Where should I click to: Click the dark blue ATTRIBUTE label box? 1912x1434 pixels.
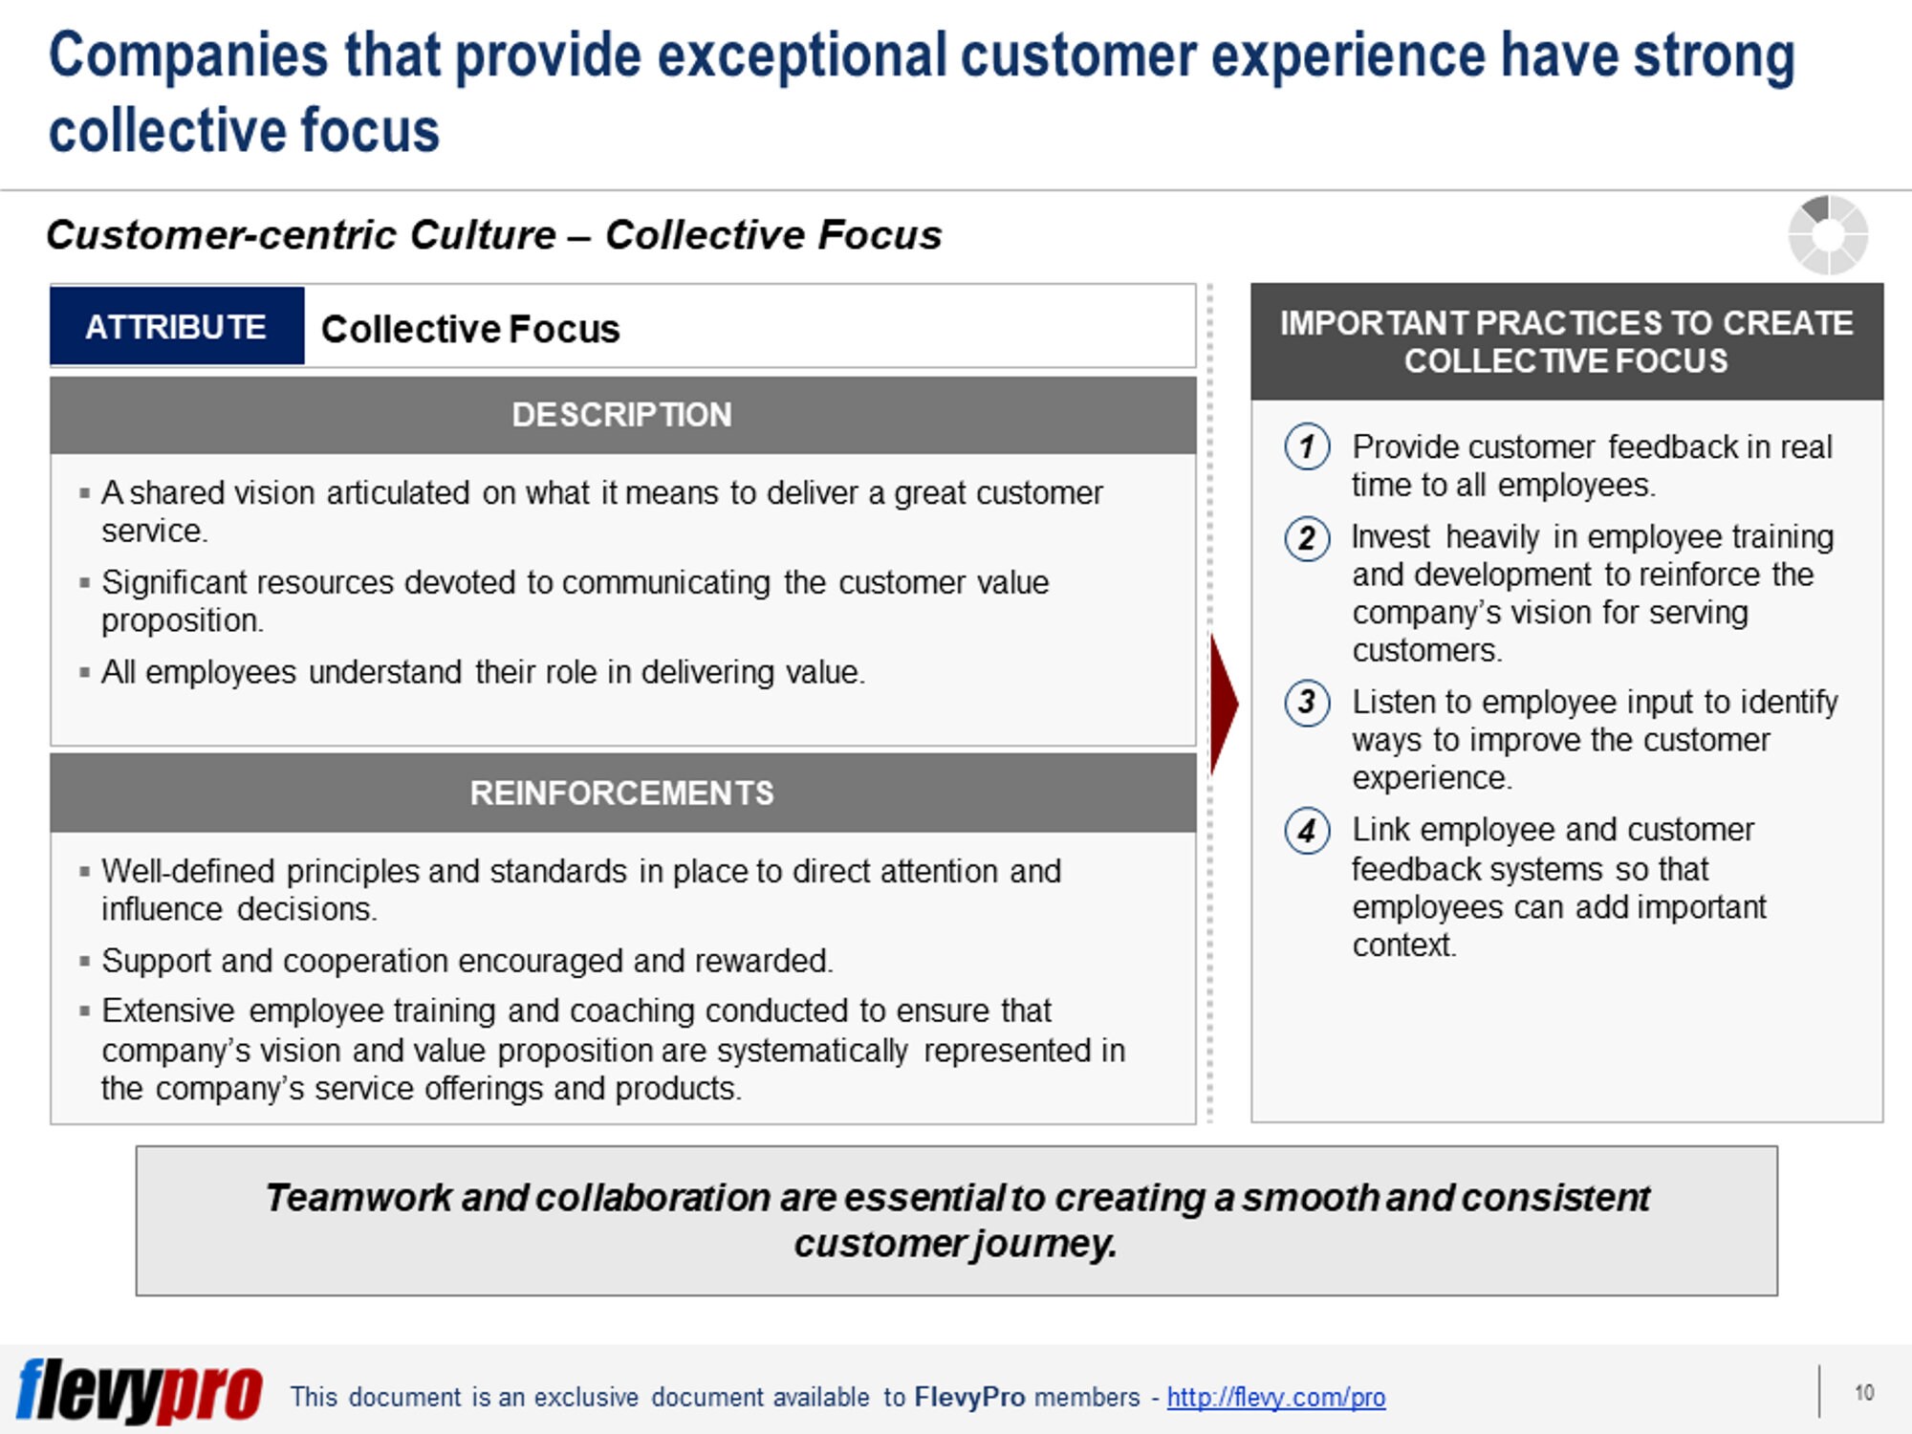[177, 326]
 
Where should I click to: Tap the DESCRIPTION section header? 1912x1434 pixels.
[622, 415]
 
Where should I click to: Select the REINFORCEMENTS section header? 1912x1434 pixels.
[622, 793]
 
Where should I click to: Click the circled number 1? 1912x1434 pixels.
[1307, 446]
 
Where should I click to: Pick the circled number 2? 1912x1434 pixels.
[1307, 538]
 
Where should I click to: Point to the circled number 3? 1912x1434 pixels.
[1307, 703]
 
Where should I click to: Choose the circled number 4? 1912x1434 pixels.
[1307, 831]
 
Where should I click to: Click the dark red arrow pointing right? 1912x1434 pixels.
[1224, 705]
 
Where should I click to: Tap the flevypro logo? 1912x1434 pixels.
[140, 1392]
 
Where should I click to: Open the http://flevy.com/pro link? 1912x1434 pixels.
[1276, 1398]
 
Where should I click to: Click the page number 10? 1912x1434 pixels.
[1864, 1393]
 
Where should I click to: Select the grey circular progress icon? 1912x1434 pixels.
[1828, 235]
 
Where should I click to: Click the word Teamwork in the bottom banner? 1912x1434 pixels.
[358, 1198]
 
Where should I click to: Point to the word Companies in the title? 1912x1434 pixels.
[188, 56]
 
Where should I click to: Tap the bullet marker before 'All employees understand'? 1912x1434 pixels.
[85, 672]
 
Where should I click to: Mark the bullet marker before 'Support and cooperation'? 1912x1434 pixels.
[85, 961]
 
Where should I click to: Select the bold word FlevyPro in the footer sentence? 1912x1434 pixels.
[969, 1398]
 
